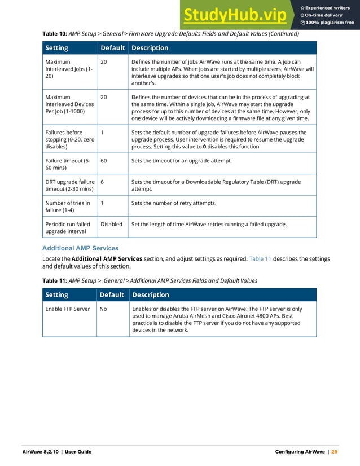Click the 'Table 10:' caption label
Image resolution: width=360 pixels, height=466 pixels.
tap(55, 34)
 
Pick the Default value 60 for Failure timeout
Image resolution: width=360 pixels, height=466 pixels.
tap(104, 161)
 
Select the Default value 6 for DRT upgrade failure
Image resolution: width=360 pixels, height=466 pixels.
tap(102, 182)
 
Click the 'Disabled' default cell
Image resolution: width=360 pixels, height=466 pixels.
tap(111, 224)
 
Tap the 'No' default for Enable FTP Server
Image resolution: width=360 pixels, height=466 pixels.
tap(104, 309)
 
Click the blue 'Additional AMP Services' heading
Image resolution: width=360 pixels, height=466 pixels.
tap(80, 248)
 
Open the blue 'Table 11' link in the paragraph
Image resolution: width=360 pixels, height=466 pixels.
tap(260, 258)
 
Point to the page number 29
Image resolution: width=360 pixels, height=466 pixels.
tap(334, 452)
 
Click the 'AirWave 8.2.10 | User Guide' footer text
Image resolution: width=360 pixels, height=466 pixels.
tap(56, 452)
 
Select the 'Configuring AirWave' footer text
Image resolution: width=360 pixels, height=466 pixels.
tap(299, 452)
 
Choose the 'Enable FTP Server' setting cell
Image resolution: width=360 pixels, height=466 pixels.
tap(67, 309)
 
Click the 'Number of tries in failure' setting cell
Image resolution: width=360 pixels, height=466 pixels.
tap(67, 206)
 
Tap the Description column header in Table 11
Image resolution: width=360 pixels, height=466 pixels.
tap(150, 295)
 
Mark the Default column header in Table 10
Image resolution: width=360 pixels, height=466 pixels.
tap(112, 48)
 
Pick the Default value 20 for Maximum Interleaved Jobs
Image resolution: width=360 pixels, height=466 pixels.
tap(104, 61)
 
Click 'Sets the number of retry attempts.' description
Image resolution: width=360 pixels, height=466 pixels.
tap(173, 203)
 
